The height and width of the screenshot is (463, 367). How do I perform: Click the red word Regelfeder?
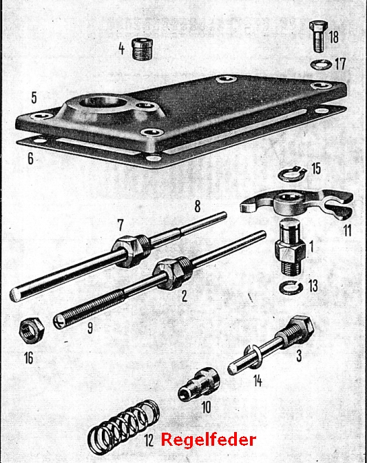coord(208,440)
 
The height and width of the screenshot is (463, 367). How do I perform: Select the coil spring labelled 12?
coord(124,426)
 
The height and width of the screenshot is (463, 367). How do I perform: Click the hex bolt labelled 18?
coord(317,37)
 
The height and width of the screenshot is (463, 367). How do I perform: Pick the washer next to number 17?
coord(322,64)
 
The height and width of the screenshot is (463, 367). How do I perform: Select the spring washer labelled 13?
coord(291,287)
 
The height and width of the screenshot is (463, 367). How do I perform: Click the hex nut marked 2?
coord(169,274)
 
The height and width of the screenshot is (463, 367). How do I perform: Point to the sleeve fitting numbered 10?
coord(199,384)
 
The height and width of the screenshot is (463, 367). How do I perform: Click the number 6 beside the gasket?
coord(30,158)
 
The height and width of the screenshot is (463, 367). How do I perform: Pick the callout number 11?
coord(347,230)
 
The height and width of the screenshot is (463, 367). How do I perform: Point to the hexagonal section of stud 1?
coord(290,252)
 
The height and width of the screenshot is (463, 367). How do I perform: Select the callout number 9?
coord(90,327)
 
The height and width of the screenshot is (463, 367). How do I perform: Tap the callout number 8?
coord(198,207)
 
